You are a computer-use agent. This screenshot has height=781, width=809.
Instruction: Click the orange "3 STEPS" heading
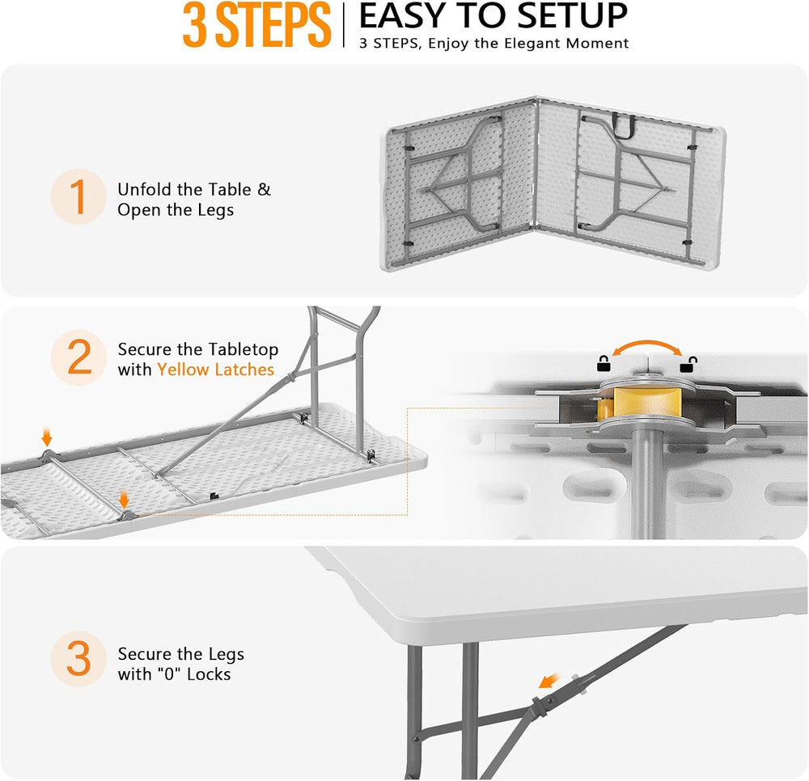(x=256, y=25)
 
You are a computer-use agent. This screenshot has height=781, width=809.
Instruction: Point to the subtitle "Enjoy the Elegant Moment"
(x=528, y=44)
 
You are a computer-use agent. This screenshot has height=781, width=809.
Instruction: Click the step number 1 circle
(x=78, y=196)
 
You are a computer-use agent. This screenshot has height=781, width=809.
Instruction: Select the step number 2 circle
(x=78, y=357)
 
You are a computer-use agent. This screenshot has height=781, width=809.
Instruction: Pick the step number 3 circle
(x=78, y=659)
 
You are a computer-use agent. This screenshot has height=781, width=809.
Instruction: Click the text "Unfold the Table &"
(x=194, y=189)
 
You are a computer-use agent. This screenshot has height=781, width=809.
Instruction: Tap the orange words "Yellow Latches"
(x=216, y=369)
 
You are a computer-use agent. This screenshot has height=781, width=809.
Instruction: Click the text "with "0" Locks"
(x=175, y=673)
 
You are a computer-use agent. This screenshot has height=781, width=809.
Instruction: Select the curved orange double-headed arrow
(x=646, y=344)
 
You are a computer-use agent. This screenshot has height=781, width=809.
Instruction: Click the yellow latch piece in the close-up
(x=640, y=401)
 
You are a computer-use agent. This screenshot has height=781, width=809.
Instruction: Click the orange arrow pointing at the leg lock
(x=549, y=680)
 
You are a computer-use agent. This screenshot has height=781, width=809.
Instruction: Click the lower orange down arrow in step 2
(x=124, y=499)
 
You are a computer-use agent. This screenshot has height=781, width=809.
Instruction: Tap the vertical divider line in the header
(x=344, y=25)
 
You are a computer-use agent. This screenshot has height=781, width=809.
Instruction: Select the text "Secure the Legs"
(x=180, y=654)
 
